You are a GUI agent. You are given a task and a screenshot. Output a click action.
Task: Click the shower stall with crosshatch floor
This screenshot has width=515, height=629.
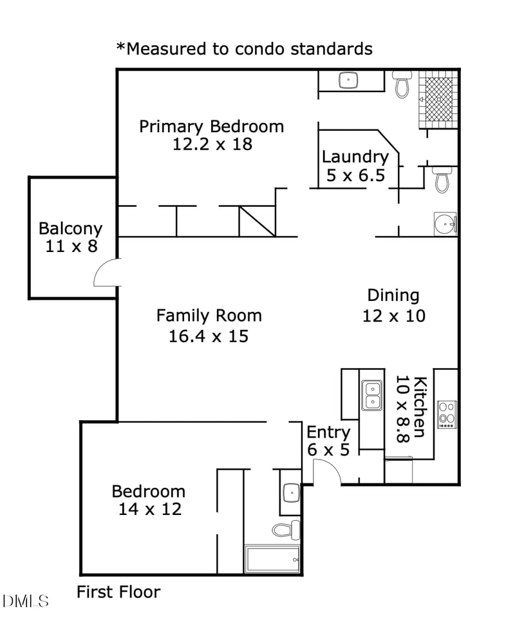coord(438,99)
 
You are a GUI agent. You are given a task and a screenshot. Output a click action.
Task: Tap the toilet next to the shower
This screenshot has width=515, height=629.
coord(402,84)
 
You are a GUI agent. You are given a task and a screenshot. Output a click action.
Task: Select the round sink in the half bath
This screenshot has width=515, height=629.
coord(444,223)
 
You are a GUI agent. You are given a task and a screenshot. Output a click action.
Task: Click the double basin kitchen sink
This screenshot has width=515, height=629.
coord(371,396)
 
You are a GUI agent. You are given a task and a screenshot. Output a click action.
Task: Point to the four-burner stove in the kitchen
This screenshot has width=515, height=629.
coord(446,414)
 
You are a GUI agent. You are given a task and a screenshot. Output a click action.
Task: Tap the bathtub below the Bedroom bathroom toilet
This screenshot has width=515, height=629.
coord(272,559)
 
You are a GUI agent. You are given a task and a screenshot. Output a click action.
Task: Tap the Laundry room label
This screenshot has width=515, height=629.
coord(355,157)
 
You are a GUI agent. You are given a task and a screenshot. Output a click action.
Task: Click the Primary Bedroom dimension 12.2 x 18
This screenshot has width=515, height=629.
coord(212,144)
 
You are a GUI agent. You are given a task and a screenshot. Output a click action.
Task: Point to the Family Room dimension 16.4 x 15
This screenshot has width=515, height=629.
coord(209,336)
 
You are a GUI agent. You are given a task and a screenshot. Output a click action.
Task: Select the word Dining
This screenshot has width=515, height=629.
coord(393,295)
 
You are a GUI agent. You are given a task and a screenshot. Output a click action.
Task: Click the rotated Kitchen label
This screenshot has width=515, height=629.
coord(419,407)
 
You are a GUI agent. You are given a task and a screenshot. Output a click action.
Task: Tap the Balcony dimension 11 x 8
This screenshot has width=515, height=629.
coord(71,246)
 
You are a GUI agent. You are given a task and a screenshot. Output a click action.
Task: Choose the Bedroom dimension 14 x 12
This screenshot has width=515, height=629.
coord(149,509)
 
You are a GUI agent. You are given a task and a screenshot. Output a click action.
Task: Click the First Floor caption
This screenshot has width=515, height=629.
coord(118,592)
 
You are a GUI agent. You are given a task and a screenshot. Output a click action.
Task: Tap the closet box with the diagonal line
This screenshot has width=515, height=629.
coord(257,221)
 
